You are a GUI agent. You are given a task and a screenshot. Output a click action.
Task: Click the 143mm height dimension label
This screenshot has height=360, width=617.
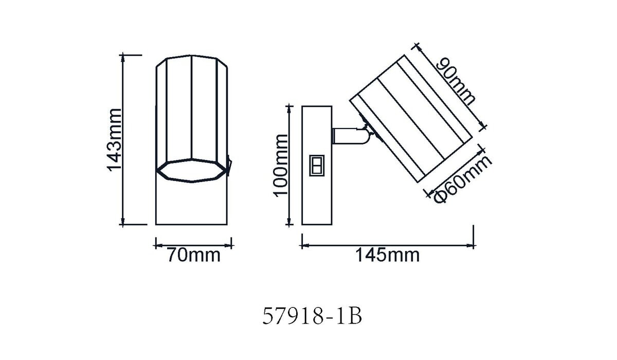point(114,140)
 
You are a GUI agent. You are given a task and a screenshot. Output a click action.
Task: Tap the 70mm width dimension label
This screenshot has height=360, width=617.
point(194,255)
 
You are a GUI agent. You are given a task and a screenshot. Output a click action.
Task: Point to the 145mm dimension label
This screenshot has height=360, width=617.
point(388,255)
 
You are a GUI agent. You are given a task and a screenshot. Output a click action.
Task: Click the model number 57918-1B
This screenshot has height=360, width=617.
point(312,316)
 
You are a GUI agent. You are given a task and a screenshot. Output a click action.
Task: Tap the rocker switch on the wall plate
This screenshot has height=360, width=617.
point(317,165)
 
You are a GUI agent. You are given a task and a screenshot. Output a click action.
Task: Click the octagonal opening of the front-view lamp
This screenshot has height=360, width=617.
point(192,171)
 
